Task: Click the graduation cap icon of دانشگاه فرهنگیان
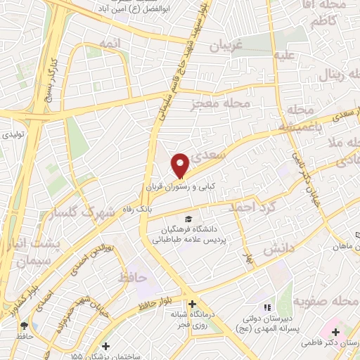pyautogui.click(x=188, y=219)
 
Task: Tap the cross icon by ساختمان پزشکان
pyautogui.click(x=105, y=346)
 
